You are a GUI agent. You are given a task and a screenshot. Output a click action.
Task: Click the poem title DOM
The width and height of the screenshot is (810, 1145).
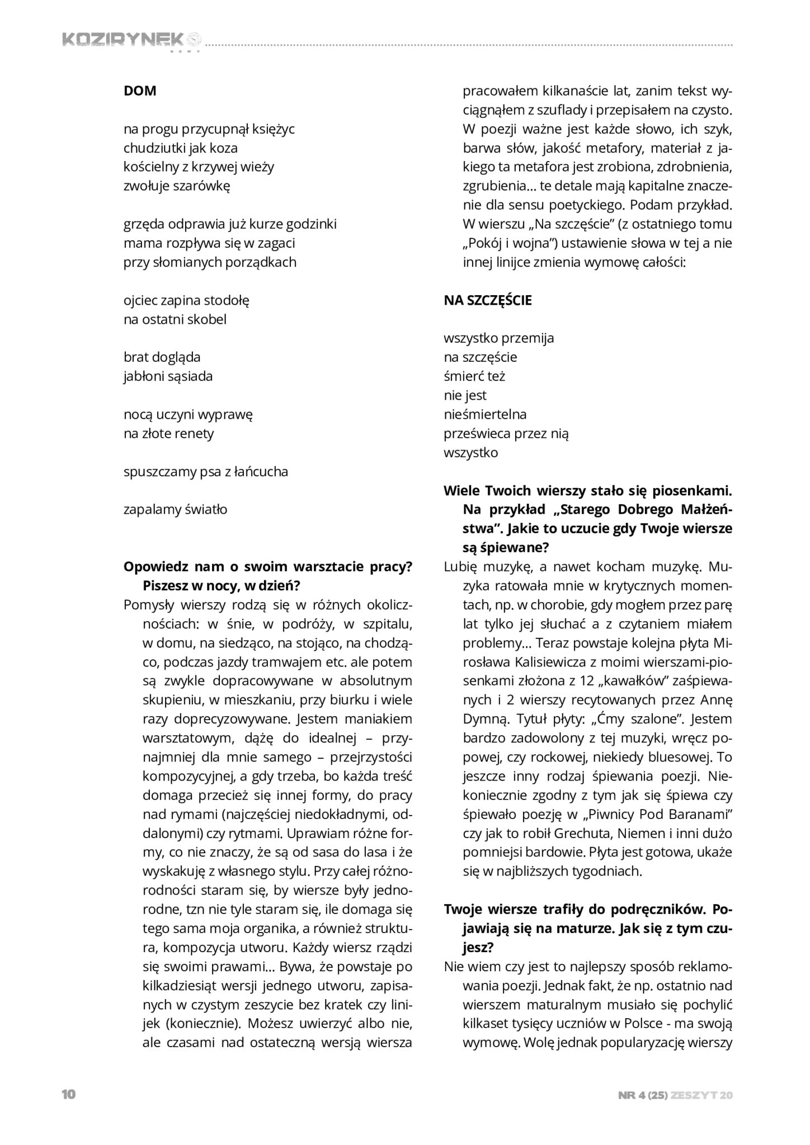tap(140, 91)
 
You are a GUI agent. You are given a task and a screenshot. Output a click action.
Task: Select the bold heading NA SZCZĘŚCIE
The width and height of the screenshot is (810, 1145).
tap(488, 300)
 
